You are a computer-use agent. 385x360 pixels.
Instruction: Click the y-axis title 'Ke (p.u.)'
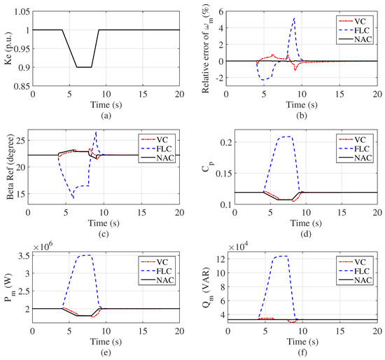[8, 50]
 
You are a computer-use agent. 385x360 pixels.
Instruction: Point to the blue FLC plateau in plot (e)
[84, 256]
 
